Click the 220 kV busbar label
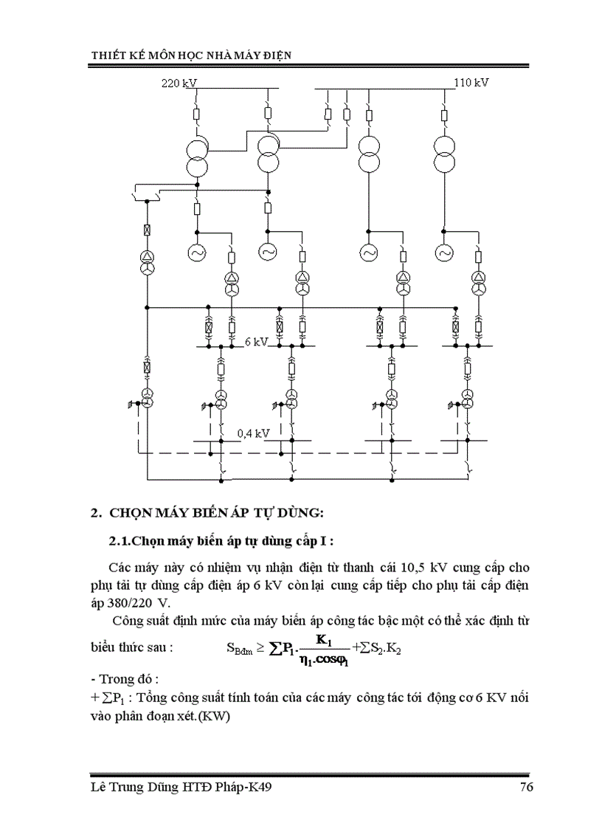tap(179, 83)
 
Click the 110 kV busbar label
tap(471, 83)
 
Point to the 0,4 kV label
tap(253, 433)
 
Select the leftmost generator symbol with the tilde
tap(198, 252)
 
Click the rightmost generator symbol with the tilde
tap(444, 252)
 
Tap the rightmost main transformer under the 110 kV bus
tap(444, 153)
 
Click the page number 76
tap(526, 788)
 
